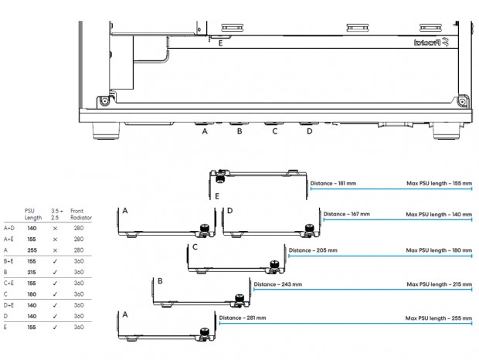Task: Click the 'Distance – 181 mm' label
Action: click(x=332, y=183)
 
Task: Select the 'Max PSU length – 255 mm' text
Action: click(x=438, y=318)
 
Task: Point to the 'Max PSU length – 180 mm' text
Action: click(x=438, y=250)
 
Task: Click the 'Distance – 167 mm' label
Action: click(x=346, y=214)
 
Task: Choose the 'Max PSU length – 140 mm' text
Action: click(x=438, y=214)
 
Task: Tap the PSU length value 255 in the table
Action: click(x=32, y=250)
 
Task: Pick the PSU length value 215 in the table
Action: click(x=32, y=272)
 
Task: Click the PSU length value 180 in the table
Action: click(x=32, y=294)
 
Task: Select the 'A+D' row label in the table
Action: click(x=8, y=229)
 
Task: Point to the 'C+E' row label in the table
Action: click(x=8, y=283)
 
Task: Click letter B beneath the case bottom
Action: click(x=239, y=132)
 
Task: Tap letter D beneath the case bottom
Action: click(x=309, y=132)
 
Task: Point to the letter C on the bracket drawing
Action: click(x=195, y=247)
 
